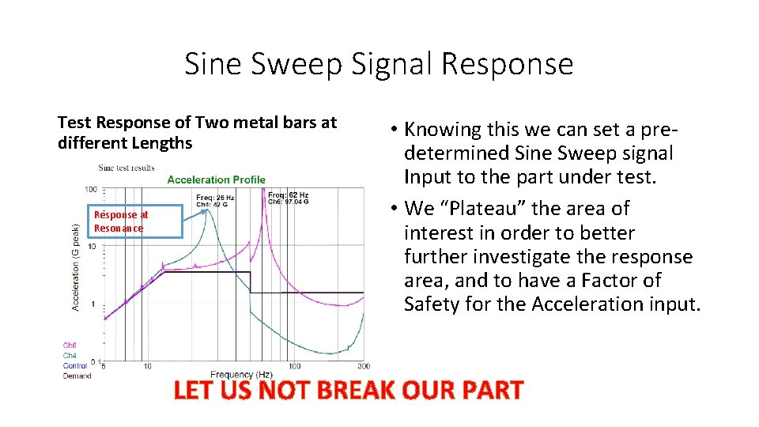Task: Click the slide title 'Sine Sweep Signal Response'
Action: click(379, 63)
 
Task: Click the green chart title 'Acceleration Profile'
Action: click(216, 180)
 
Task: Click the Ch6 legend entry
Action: click(70, 345)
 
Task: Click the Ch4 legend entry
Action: click(70, 355)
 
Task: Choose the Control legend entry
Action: click(74, 365)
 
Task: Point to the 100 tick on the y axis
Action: click(91, 190)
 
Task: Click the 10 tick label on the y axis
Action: click(93, 247)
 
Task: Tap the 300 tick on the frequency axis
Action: click(363, 366)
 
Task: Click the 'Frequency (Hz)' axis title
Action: click(241, 374)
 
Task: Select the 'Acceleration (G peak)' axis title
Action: click(76, 266)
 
